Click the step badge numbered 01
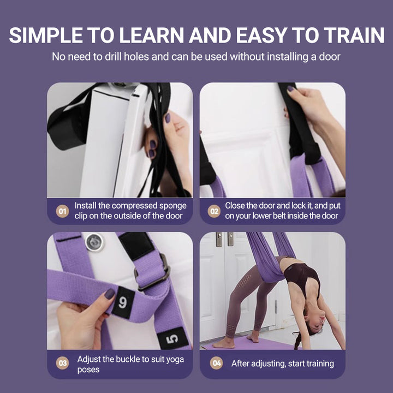[63, 211]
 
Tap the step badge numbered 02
[215, 211]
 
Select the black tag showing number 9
[122, 300]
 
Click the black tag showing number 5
[172, 338]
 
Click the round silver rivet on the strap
[94, 242]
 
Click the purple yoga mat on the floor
[257, 343]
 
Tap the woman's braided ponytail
[297, 341]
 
